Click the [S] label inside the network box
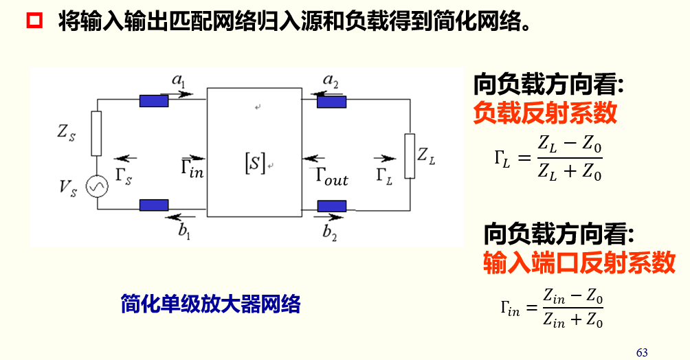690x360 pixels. click(254, 163)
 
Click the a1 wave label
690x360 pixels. click(179, 82)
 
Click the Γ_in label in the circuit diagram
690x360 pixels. click(192, 167)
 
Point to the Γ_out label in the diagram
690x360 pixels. click(332, 175)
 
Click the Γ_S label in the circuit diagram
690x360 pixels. click(124, 175)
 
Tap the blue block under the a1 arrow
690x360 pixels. click(154, 102)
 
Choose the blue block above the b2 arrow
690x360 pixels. click(332, 205)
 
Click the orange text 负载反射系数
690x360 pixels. click(545, 113)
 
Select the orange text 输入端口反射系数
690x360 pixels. click(579, 262)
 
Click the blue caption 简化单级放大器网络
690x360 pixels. click(210, 303)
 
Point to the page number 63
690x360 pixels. click(642, 352)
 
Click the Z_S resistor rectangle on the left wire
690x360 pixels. click(96, 133)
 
